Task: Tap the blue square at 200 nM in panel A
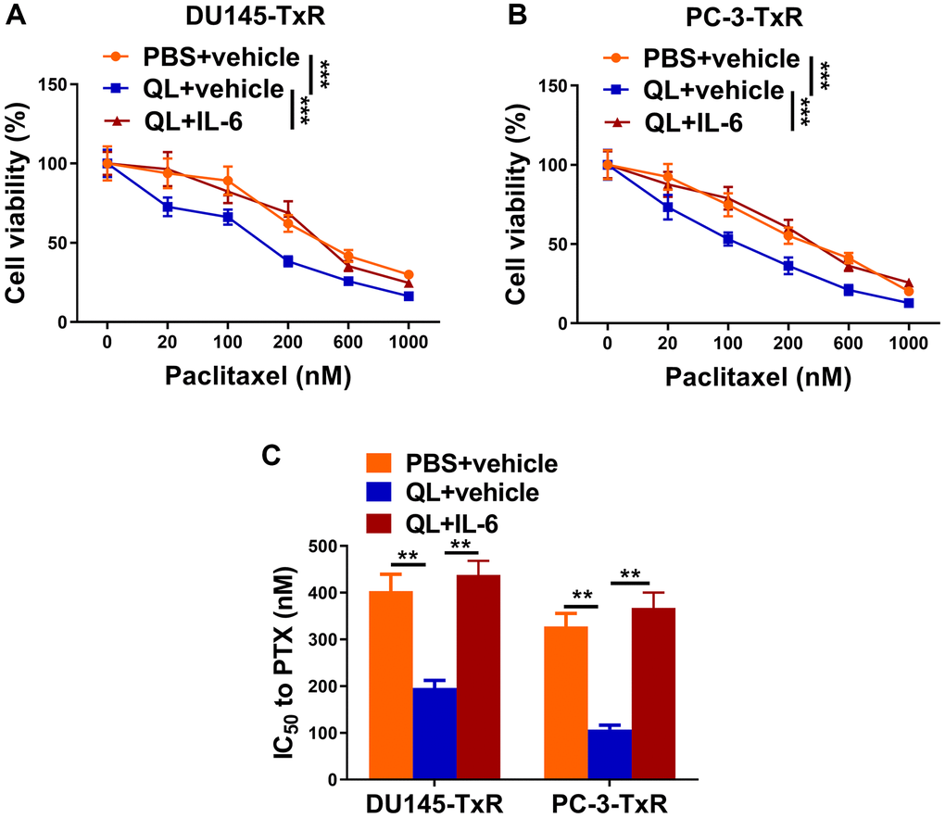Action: [288, 261]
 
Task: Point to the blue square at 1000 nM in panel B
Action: [909, 303]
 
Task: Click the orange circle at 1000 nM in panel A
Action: [409, 275]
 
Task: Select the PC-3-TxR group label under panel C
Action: [610, 802]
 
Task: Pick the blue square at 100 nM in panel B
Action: [728, 239]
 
